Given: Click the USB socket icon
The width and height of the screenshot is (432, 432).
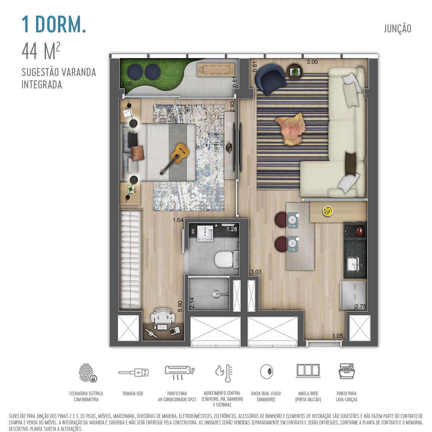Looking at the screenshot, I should coord(133,372).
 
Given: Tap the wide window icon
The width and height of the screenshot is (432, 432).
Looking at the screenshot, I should coord(308,370).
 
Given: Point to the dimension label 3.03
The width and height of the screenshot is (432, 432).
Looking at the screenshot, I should coord(256,272).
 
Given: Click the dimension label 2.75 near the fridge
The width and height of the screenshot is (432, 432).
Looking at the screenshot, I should coord(360,307).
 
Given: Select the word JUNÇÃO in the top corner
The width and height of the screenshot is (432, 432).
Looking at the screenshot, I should coord(397,29).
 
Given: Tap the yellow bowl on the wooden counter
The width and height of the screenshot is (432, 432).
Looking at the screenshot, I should coord(328,211).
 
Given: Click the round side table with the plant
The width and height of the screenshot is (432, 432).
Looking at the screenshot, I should coord(295,72).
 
